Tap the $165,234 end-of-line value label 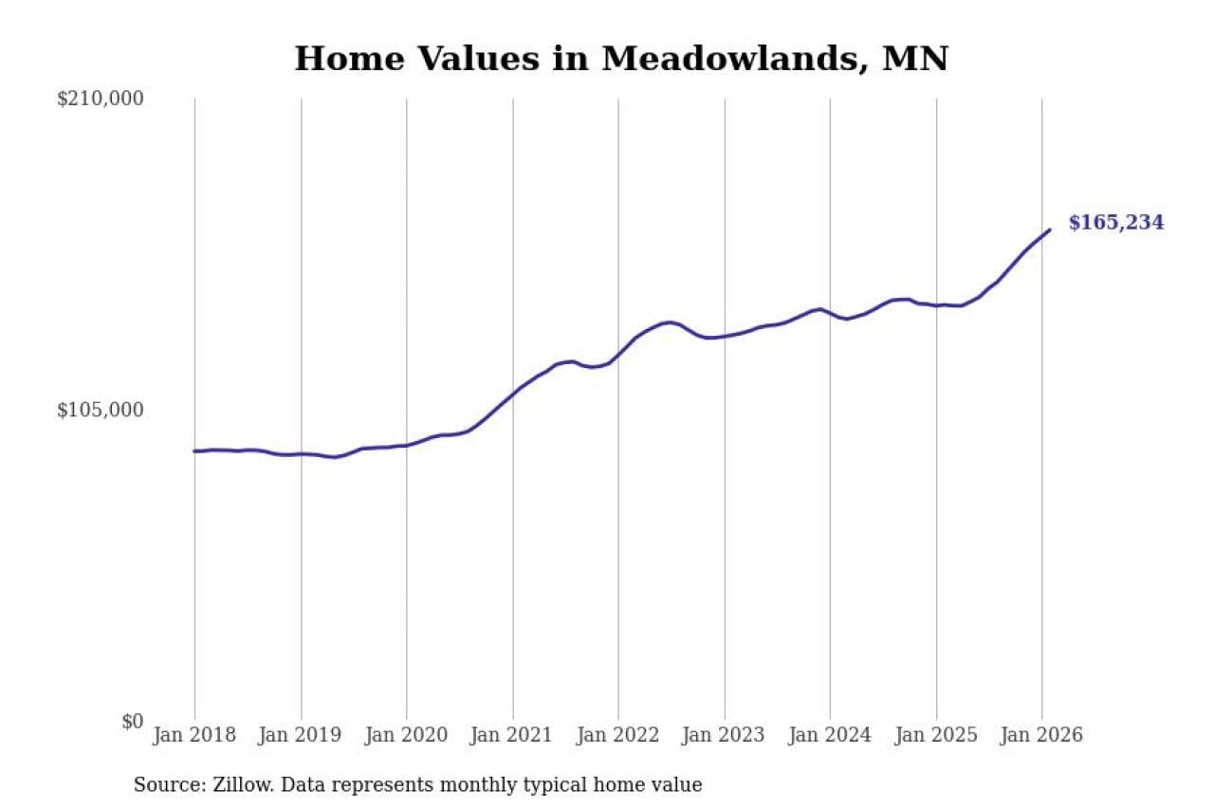pos(1115,223)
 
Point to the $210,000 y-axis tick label pos(101,99)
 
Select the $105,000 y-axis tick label pos(101,410)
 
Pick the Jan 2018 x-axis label pos(194,735)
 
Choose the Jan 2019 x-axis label pos(301,735)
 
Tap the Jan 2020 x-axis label pos(407,735)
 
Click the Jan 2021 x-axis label pos(513,735)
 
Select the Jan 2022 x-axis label pos(618,735)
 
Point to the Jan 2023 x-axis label pos(725,735)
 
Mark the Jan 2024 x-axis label pos(830,735)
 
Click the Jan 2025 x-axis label pos(936,735)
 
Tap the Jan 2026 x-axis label pos(1041,735)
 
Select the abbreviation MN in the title pos(914,59)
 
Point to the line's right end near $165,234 pos(1049,230)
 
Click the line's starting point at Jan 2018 pos(194,450)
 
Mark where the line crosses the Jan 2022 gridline pos(618,353)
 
